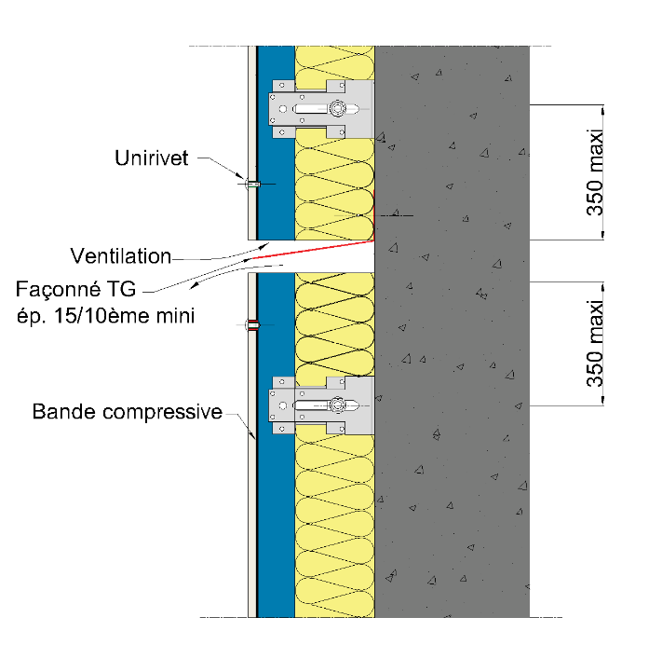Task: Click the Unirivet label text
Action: (x=152, y=158)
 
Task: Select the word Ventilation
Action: (x=121, y=255)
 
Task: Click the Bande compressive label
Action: (x=128, y=411)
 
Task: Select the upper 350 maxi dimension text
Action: (x=595, y=176)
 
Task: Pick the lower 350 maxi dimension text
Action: (x=595, y=345)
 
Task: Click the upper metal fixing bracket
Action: (x=321, y=108)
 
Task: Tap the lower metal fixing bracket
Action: (x=321, y=405)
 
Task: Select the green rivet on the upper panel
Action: (x=251, y=184)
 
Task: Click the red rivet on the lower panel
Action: (x=251, y=325)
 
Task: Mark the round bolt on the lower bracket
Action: (x=335, y=405)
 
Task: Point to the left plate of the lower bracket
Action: (x=280, y=405)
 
